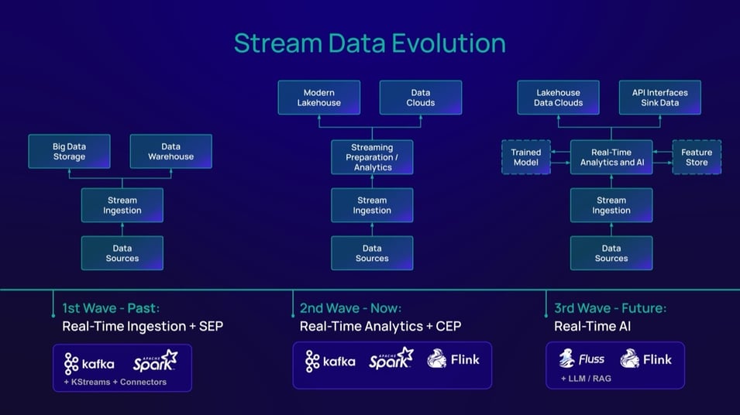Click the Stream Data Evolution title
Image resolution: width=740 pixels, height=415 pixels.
(370, 43)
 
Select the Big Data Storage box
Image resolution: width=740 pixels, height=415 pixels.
(69, 151)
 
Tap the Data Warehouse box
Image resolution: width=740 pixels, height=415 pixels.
(170, 151)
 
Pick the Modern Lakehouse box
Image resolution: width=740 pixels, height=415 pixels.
(318, 98)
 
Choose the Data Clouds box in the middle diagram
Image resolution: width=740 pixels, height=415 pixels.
(421, 98)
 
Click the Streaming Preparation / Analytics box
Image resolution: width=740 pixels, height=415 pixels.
(372, 156)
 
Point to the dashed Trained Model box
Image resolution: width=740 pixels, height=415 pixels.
(526, 157)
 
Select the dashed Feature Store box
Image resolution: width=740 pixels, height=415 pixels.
(696, 157)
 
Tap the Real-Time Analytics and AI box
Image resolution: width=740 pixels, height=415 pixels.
(611, 157)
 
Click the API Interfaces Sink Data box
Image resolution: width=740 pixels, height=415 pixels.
(660, 98)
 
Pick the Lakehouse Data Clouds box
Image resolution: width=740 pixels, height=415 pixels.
(558, 98)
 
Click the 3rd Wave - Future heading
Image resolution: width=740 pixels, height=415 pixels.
(610, 308)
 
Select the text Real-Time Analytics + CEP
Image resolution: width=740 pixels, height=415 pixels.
(380, 326)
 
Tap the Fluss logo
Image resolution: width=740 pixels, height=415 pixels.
(582, 359)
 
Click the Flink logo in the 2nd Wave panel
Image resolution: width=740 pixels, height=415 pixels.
(453, 359)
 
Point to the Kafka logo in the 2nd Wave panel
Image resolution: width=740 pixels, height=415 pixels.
(331, 362)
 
